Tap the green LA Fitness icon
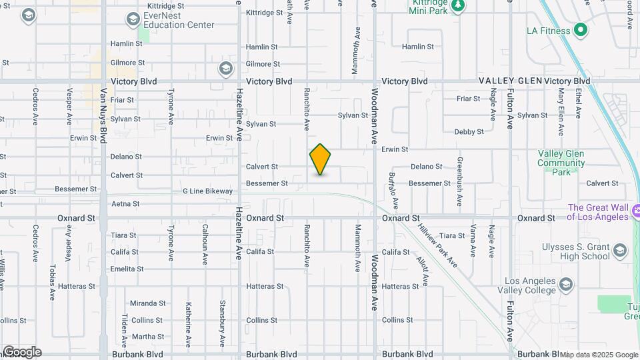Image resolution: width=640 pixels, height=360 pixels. click(580, 30)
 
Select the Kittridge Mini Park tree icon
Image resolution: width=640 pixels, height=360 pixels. click(457, 6)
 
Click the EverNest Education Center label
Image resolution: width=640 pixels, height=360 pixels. click(179, 21)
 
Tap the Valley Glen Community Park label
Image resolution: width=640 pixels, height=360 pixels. click(561, 163)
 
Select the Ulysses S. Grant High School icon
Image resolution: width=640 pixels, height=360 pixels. click(620, 251)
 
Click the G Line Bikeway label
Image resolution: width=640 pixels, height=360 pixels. click(208, 191)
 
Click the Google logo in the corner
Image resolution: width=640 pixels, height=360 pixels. click(22, 352)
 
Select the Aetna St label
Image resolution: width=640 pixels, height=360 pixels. click(125, 204)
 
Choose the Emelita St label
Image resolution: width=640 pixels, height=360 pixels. click(127, 269)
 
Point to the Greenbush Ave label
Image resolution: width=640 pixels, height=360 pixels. click(460, 181)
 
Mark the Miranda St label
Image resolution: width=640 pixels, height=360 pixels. click(147, 303)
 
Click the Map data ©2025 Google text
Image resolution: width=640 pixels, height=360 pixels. click(599, 355)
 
